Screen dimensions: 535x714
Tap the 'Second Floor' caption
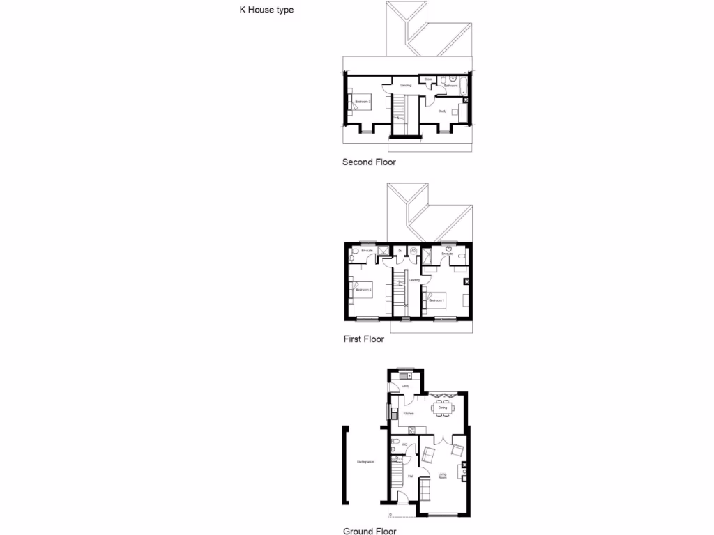coord(369,162)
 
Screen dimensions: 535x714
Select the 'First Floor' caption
coord(363,340)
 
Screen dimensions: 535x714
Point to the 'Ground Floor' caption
coord(370,531)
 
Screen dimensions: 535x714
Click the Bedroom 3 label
coord(363,102)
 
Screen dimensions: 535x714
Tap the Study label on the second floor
coord(441,111)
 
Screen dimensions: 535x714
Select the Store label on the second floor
coord(429,79)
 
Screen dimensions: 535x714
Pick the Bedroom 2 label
coord(363,289)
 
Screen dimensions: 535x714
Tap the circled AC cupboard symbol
coord(413,250)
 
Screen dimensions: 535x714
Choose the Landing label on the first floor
coord(413,280)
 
